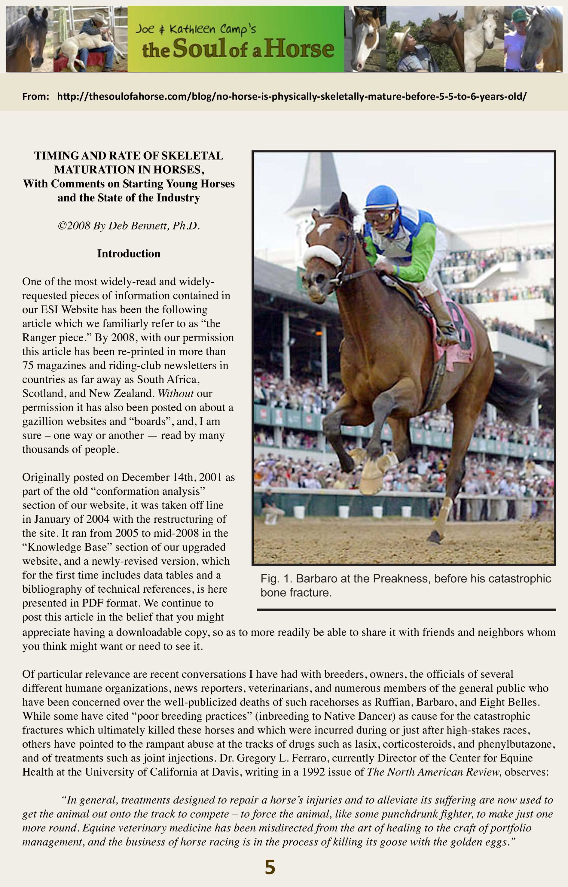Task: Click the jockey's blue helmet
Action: click(381, 198)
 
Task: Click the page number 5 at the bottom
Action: click(270, 867)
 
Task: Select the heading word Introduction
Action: click(129, 254)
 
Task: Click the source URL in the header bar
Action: click(292, 97)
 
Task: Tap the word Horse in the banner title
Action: click(299, 49)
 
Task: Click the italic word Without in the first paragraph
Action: click(176, 393)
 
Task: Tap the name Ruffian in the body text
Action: click(391, 702)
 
